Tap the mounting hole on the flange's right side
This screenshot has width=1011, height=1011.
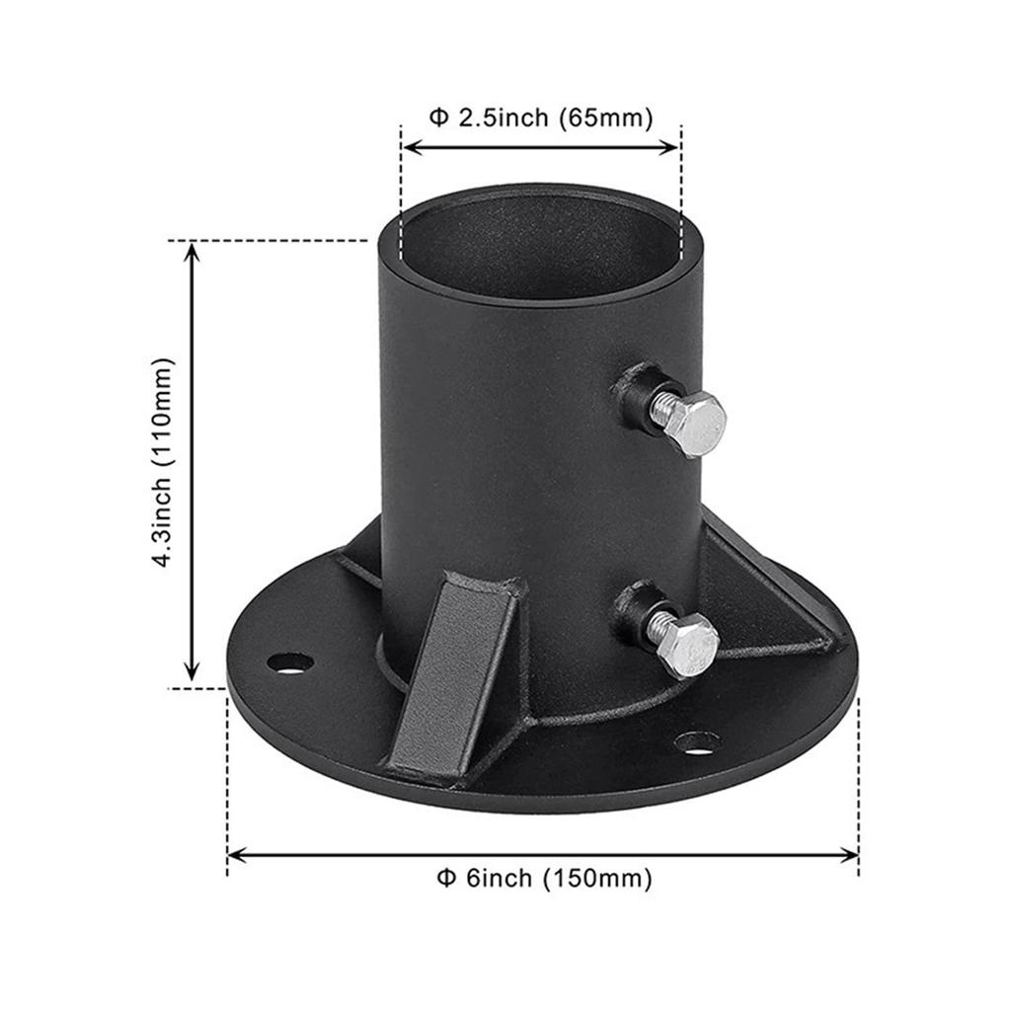697,740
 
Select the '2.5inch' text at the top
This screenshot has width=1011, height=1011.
502,118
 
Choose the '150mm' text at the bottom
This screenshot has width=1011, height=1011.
597,878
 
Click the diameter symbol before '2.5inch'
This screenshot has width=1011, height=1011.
437,118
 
